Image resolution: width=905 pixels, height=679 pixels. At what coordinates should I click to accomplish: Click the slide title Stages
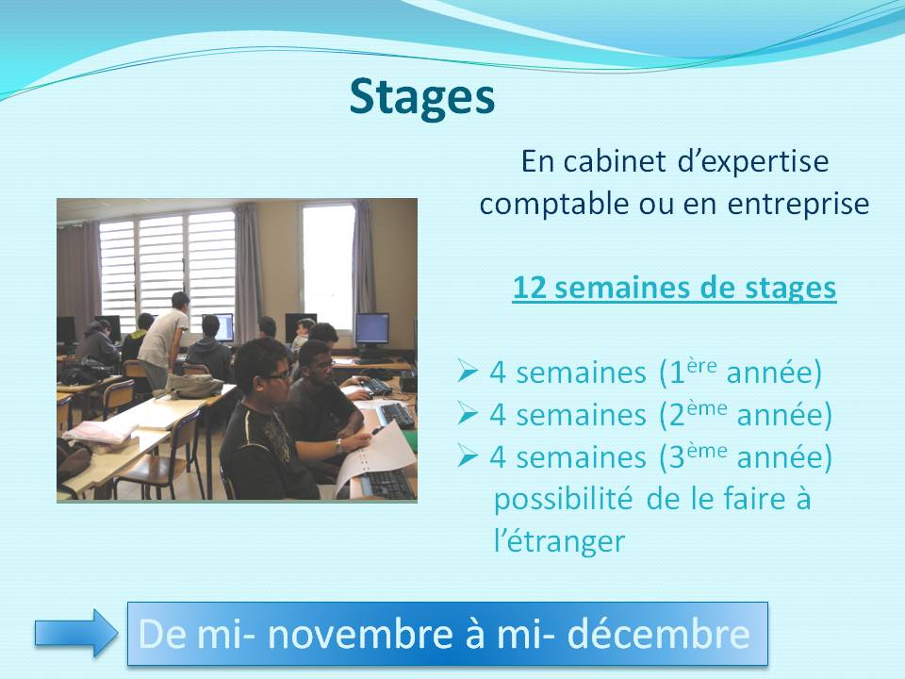click(x=422, y=97)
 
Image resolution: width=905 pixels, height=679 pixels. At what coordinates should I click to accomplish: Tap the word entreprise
click(x=798, y=205)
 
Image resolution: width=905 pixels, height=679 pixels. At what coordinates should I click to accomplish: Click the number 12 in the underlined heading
click(x=529, y=288)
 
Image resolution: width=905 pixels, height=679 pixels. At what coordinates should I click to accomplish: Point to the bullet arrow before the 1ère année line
click(x=467, y=371)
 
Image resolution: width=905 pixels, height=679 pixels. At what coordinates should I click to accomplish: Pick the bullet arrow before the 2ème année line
click(x=467, y=413)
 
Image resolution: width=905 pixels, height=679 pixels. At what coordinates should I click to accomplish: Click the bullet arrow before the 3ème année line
click(x=467, y=455)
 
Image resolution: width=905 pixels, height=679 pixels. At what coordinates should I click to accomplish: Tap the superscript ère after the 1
click(x=702, y=366)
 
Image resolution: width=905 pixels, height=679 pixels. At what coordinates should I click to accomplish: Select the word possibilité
click(x=564, y=499)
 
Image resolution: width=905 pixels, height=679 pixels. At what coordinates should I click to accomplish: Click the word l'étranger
click(x=559, y=541)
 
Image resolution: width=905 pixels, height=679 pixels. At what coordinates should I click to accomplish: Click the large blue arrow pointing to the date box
click(x=76, y=634)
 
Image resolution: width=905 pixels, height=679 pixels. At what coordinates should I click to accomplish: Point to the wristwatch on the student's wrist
click(x=338, y=445)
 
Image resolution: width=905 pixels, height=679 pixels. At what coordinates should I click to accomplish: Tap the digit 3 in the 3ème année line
click(x=677, y=458)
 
